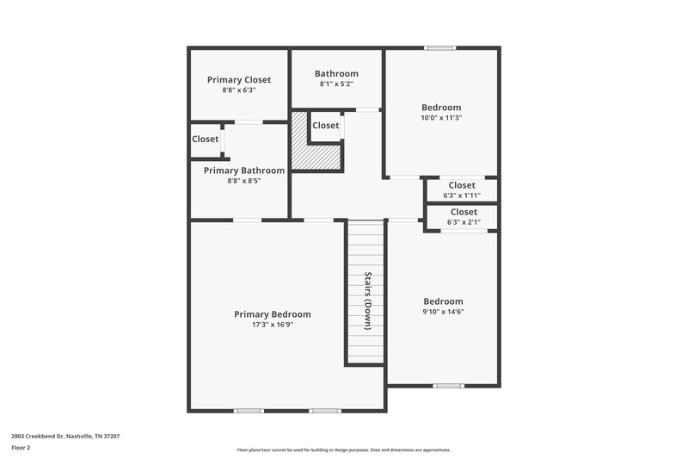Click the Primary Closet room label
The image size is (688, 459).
click(x=239, y=80)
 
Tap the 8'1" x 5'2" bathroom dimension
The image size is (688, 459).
click(x=336, y=84)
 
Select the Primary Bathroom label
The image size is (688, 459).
click(x=243, y=171)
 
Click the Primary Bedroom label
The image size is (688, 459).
click(x=273, y=314)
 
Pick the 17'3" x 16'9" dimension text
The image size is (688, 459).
click(x=273, y=326)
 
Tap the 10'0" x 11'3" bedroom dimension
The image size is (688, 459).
click(x=441, y=118)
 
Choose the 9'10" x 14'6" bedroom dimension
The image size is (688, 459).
click(x=443, y=312)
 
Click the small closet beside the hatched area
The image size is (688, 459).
click(x=326, y=126)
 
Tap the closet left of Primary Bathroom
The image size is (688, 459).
click(x=206, y=139)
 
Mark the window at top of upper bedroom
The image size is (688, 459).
click(x=441, y=48)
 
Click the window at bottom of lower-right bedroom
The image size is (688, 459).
click(x=449, y=385)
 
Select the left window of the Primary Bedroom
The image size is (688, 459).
click(x=249, y=410)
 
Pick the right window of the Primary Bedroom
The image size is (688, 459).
click(x=324, y=410)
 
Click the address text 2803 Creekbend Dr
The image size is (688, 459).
click(x=65, y=437)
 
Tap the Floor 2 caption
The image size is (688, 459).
click(x=21, y=449)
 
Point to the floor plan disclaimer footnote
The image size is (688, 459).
click(x=344, y=450)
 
